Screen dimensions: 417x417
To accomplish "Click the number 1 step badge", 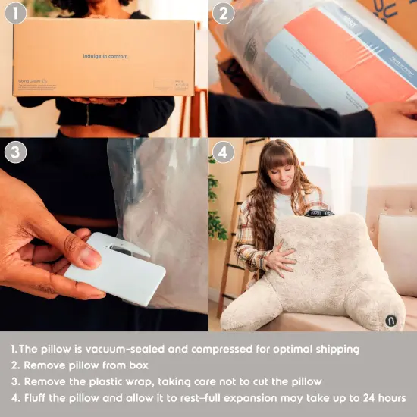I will coord(15,13).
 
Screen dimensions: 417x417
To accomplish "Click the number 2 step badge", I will coord(223,13).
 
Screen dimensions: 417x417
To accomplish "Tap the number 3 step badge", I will coord(15,152).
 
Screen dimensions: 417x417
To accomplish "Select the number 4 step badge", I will coord(223,152).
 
